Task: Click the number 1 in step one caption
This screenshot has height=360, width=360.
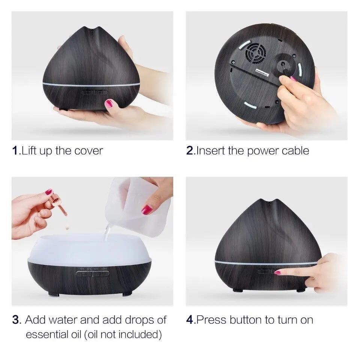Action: (x=15, y=151)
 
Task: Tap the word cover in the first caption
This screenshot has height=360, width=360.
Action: (x=90, y=151)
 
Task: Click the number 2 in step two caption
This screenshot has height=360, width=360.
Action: (x=190, y=151)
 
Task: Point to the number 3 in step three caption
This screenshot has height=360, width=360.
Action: (x=15, y=320)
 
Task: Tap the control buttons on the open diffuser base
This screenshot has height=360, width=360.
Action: (x=93, y=273)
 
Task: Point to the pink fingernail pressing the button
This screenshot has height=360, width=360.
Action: (x=277, y=273)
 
